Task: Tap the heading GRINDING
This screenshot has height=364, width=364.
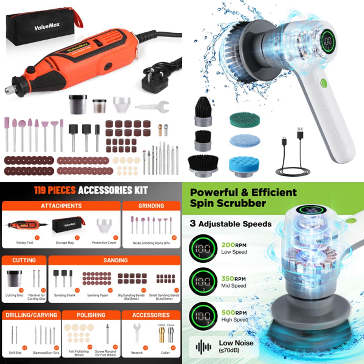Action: click(x=151, y=206)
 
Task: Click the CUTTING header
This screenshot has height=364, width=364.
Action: click(x=24, y=260)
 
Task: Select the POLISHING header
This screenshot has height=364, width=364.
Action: click(x=91, y=315)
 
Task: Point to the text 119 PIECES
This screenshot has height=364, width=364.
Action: click(x=55, y=190)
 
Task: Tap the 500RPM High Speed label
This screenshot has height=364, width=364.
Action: click(x=235, y=315)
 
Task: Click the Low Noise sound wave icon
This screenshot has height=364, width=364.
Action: click(x=204, y=346)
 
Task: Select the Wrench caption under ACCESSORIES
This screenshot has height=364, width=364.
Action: click(x=137, y=353)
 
